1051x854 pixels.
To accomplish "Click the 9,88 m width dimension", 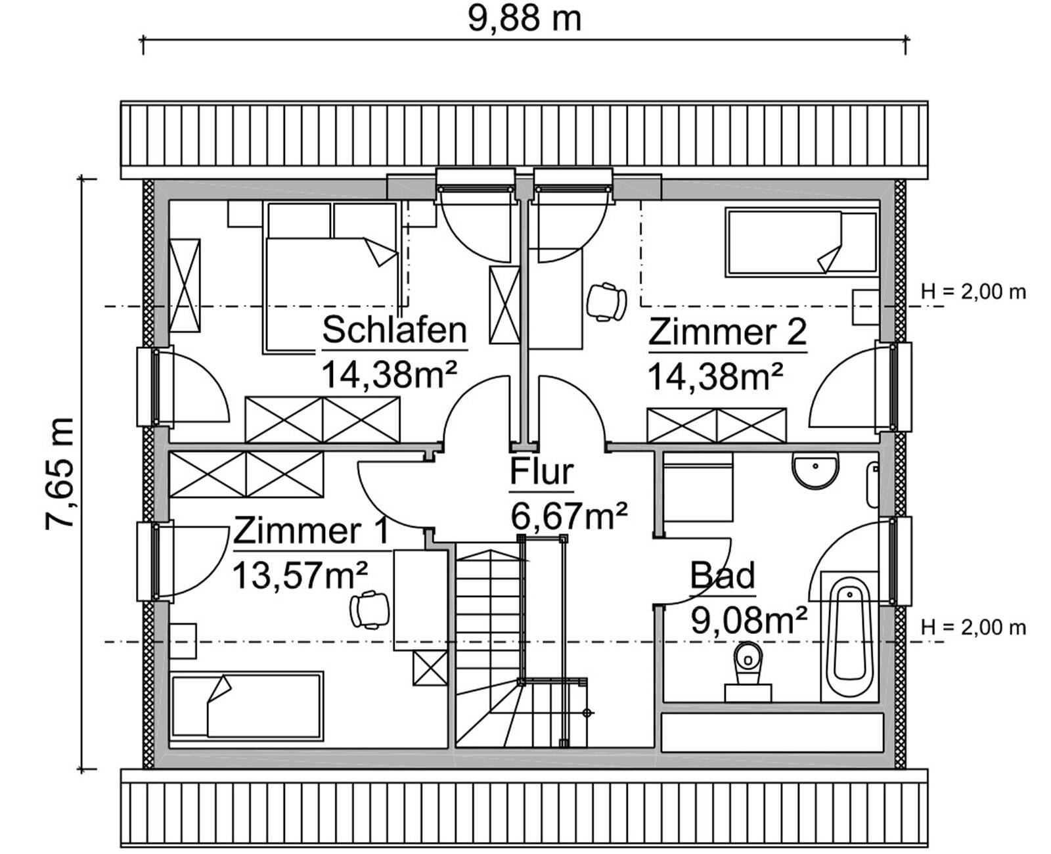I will point(524,19).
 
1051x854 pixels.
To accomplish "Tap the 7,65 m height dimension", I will point(60,473).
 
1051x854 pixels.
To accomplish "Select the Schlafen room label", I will point(394,330).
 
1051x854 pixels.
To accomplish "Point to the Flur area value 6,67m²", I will point(568,516).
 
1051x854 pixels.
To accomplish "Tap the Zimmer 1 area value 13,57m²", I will point(300,576).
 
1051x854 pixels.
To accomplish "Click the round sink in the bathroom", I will point(815,469).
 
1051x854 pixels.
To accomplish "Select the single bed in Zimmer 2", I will point(801,242).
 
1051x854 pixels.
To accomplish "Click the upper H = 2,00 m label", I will point(973,292).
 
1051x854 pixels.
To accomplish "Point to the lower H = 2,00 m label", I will point(973,627).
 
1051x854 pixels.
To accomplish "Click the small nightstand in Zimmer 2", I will point(865,306).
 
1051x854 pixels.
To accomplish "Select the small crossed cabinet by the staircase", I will point(430,667).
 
